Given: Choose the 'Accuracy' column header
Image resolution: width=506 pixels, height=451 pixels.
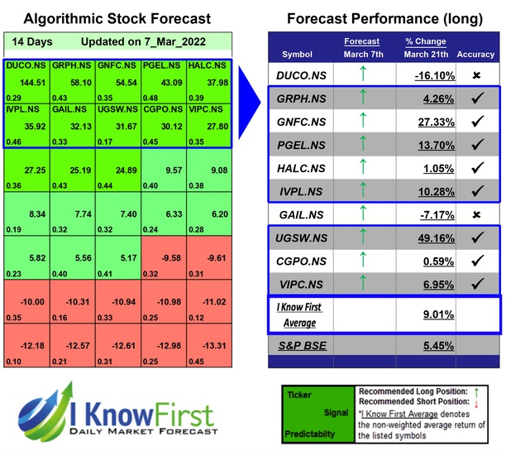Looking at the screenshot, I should coord(475,55).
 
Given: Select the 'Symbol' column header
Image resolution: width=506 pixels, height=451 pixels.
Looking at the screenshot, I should coord(298,55).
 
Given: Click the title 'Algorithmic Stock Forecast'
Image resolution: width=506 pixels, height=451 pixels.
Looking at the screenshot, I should coord(117,18).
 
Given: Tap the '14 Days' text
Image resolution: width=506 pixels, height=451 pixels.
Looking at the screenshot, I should coord(29,41).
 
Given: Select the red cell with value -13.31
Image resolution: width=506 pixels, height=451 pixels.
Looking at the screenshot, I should coord(210,344).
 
